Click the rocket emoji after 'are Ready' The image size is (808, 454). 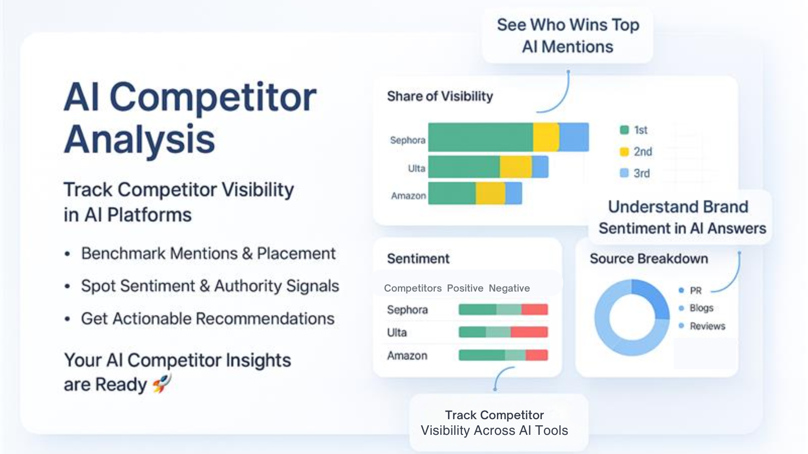[x=161, y=383]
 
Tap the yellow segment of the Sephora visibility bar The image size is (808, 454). [x=546, y=137]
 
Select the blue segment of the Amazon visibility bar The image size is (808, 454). [x=513, y=194]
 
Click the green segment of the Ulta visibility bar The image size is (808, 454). [x=464, y=167]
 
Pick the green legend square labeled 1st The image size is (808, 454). [x=624, y=130]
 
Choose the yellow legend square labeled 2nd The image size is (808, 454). [x=624, y=152]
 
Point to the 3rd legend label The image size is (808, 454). [x=642, y=174]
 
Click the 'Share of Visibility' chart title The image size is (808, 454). [x=440, y=96]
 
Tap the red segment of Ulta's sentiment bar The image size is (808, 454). [x=529, y=332]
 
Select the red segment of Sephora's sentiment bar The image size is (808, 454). [x=535, y=309]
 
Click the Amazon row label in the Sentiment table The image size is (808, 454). [x=407, y=356]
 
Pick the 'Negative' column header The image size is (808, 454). [x=509, y=288]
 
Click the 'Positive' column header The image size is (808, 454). [x=465, y=288]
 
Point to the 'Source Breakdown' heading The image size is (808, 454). [x=648, y=259]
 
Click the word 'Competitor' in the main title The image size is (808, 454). [x=213, y=97]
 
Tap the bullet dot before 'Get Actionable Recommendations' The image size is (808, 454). [x=67, y=319]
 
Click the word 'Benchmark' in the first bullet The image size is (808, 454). [x=123, y=253]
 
